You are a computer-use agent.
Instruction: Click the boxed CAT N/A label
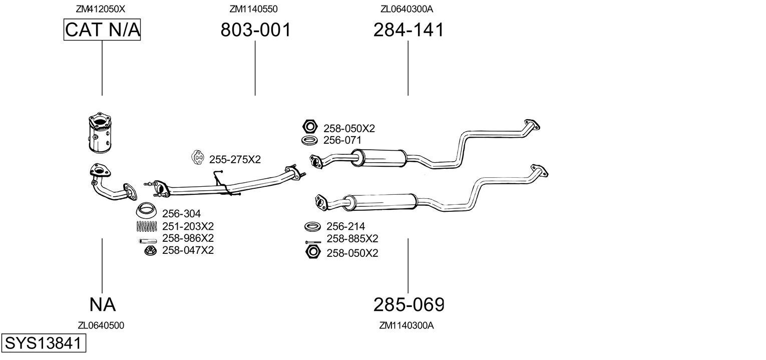[x=102, y=30]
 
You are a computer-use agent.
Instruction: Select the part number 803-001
[x=255, y=30]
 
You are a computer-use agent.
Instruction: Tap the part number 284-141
[x=408, y=30]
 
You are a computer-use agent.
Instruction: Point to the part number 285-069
[x=409, y=304]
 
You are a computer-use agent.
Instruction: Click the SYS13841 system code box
[x=43, y=343]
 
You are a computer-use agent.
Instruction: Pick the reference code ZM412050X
[x=100, y=9]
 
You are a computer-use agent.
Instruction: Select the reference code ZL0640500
[x=101, y=325]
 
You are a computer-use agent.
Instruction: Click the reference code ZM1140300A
[x=406, y=325]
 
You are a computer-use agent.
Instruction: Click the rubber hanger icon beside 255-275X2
[x=198, y=158]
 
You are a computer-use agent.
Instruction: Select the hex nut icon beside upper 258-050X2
[x=310, y=126]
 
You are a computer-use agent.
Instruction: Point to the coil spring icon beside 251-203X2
[x=147, y=226]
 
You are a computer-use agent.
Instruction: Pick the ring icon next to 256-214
[x=312, y=227]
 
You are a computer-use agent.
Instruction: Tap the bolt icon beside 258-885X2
[x=312, y=242]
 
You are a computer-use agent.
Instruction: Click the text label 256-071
[x=342, y=141]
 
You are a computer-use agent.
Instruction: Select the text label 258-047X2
[x=188, y=250]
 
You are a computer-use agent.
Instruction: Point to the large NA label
[x=102, y=304]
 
